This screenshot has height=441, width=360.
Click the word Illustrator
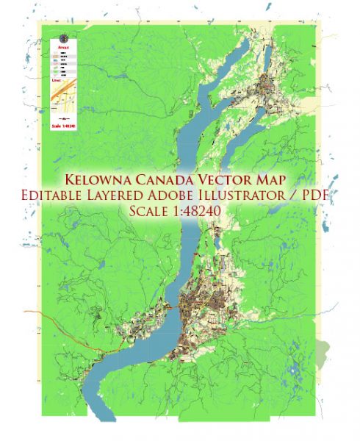click(262, 196)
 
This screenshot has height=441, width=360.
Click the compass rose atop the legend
click(62, 37)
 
